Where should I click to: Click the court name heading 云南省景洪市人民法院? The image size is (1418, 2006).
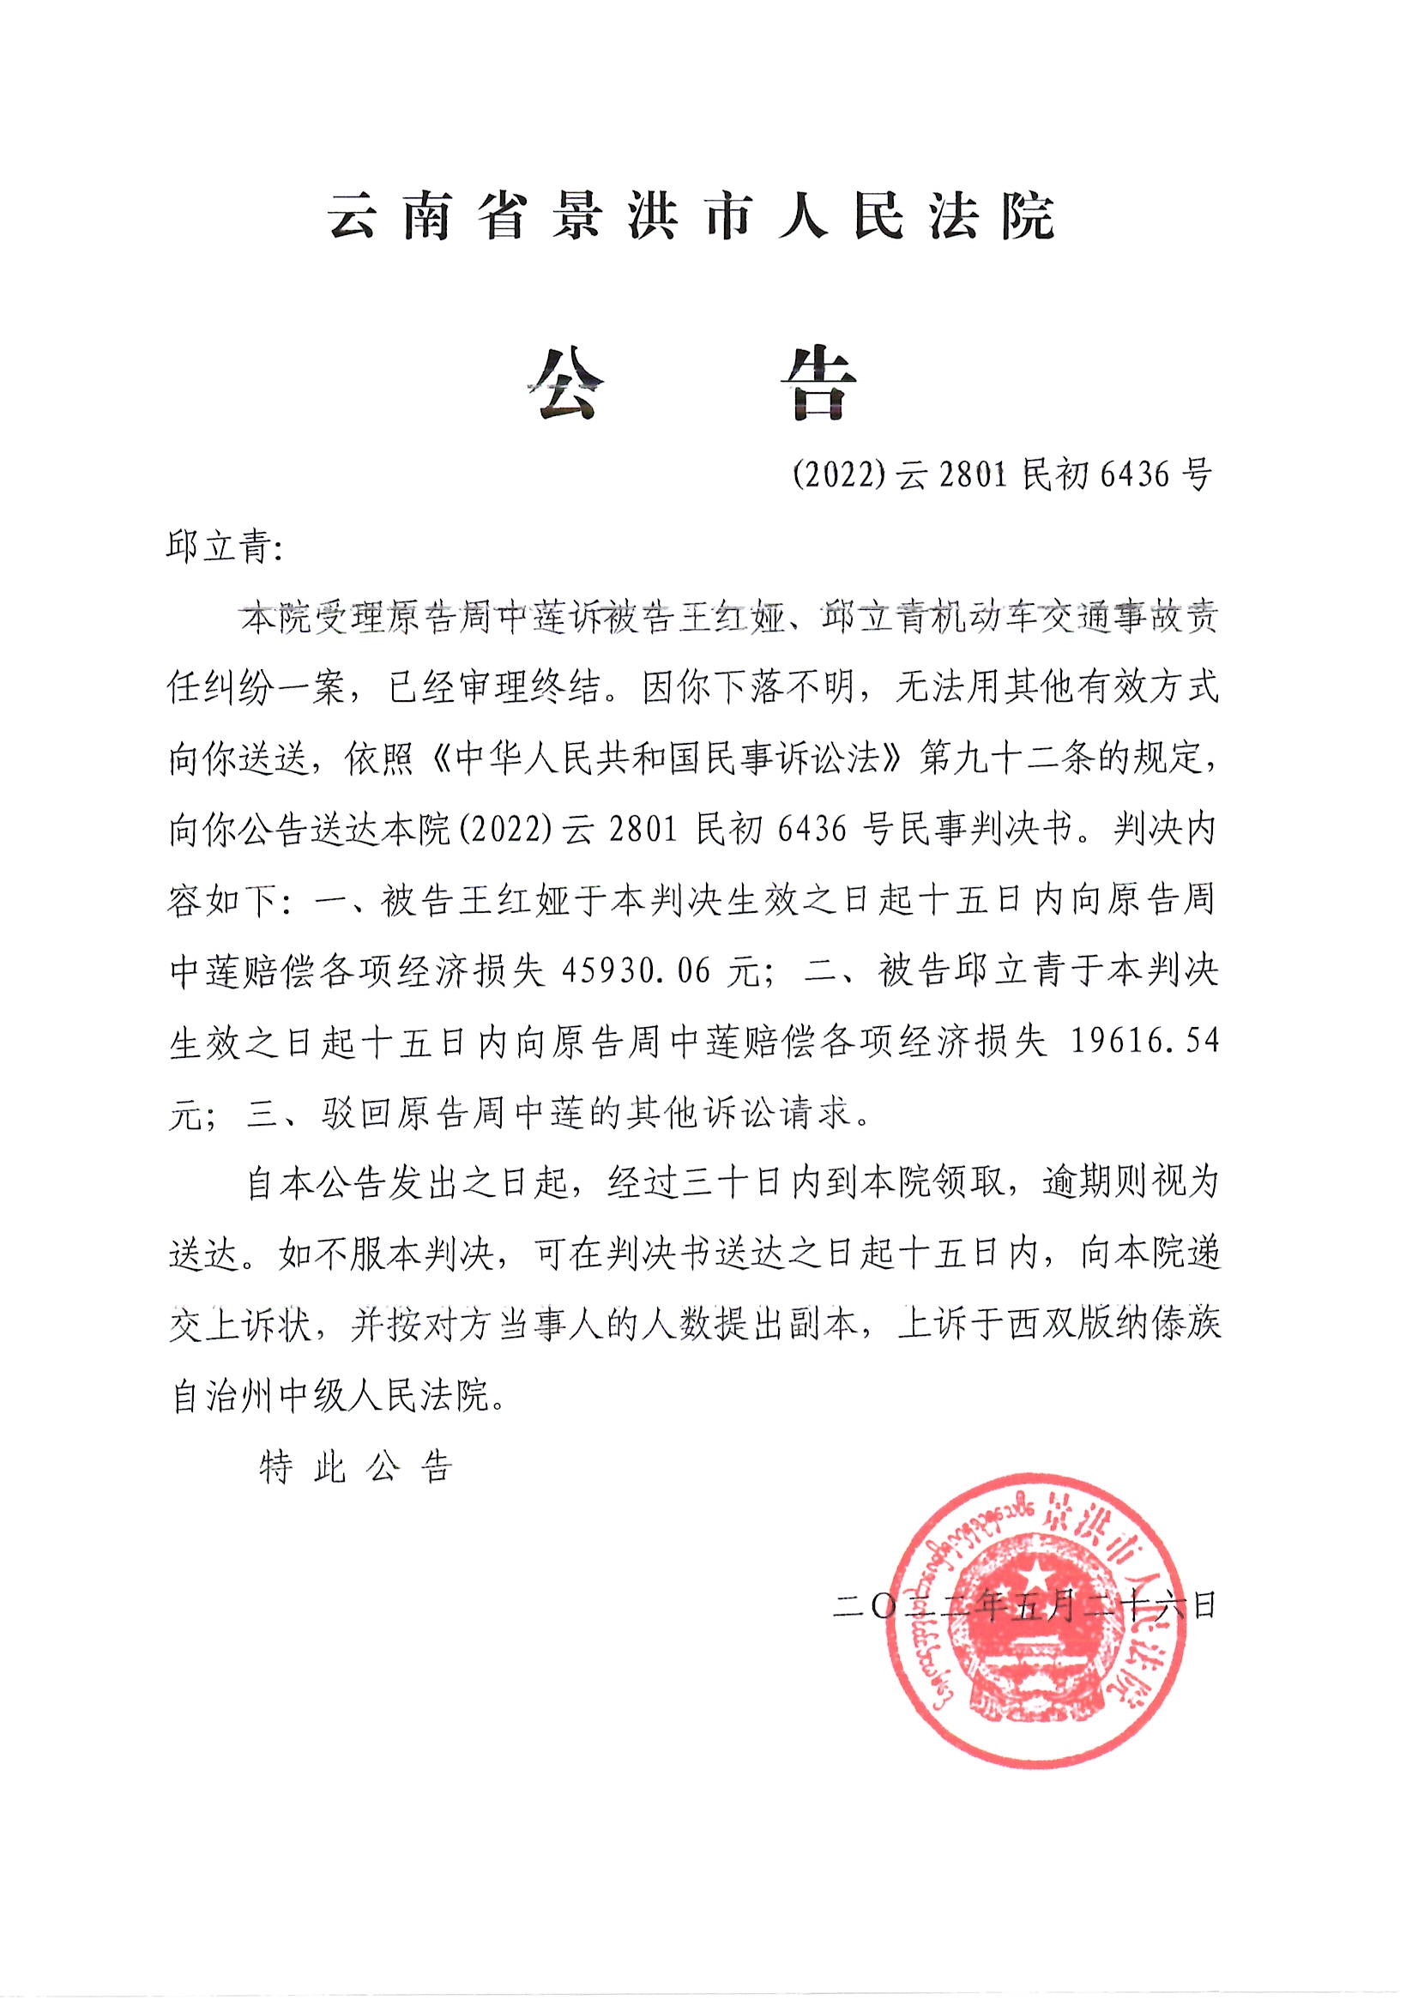[x=691, y=216]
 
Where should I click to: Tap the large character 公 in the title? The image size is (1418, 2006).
[x=566, y=384]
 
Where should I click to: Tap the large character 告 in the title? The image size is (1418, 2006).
[x=817, y=384]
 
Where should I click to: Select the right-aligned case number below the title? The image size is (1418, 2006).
[x=1001, y=474]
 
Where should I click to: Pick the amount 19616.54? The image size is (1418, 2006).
[x=1143, y=1042]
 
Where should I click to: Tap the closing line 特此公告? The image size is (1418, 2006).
[x=357, y=1467]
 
